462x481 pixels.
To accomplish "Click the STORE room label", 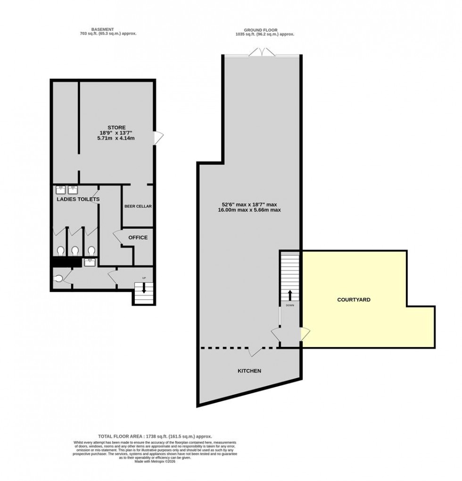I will click(x=116, y=127).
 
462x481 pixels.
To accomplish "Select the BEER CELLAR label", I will click(x=138, y=206).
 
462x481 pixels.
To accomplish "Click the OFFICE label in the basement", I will click(x=138, y=237).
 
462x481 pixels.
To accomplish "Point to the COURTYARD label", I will click(x=354, y=300).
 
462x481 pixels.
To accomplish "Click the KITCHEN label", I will click(x=249, y=371).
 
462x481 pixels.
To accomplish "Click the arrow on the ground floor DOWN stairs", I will click(x=289, y=295).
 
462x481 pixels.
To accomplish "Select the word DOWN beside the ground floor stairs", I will click(x=289, y=305).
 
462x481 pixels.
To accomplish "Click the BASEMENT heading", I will click(x=108, y=29).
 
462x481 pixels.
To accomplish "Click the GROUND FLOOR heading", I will click(x=265, y=29).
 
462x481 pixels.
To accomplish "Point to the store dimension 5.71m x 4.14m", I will click(x=116, y=138).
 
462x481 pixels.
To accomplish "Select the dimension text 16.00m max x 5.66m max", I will click(x=249, y=210).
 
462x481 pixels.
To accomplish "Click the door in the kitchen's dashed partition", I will click(x=256, y=351).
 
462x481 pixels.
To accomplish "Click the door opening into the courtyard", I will click(x=305, y=334).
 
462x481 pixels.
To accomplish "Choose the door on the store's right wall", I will click(x=159, y=137).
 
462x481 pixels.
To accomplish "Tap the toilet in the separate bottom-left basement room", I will click(x=58, y=278).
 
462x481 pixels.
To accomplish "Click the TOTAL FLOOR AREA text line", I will click(x=155, y=437).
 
